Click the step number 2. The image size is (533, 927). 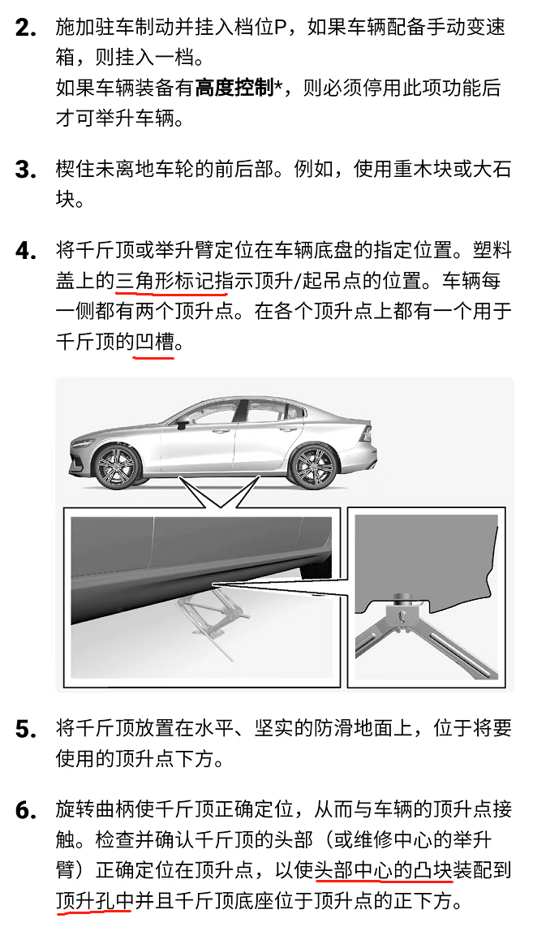tap(26, 28)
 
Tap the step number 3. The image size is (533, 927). tap(26, 170)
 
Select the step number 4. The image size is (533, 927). tap(26, 251)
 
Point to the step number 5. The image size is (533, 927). tap(26, 729)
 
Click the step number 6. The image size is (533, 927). tap(26, 810)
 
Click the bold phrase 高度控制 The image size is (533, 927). tap(234, 88)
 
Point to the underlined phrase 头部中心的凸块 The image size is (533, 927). tap(384, 869)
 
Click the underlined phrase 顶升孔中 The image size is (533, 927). tap(95, 900)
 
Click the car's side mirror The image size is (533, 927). tap(183, 421)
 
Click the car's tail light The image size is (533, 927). tap(367, 432)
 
